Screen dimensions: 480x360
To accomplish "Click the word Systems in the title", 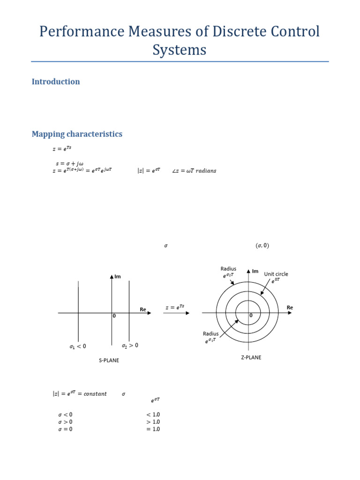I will pyautogui.click(x=180, y=50).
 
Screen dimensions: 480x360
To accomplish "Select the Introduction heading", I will pyautogui.click(x=55, y=82).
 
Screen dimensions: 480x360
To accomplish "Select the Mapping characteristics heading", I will pyautogui.click(x=77, y=134).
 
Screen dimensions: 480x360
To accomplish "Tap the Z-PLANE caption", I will pyautogui.click(x=251, y=357).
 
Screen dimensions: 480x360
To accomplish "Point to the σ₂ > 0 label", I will pyautogui.click(x=130, y=345).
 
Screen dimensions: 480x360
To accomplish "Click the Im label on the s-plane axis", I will pyautogui.click(x=117, y=277).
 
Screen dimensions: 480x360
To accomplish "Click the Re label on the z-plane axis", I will pyautogui.click(x=290, y=307).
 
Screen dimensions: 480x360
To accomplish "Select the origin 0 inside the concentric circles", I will pyautogui.click(x=251, y=315).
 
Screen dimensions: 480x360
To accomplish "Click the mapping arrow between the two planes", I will pyautogui.click(x=176, y=313).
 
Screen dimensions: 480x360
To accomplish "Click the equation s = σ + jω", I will pyautogui.click(x=70, y=163).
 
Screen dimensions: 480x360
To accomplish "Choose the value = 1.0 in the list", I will pyautogui.click(x=153, y=429).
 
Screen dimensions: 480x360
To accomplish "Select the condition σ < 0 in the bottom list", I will pyautogui.click(x=65, y=415).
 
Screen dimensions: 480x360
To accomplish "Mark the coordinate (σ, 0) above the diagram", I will pyautogui.click(x=262, y=246).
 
